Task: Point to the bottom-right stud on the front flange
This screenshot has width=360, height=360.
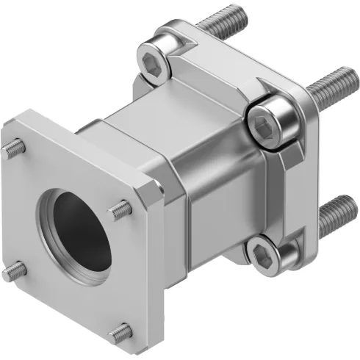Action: [x=120, y=334]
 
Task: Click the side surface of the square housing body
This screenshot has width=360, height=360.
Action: [x=220, y=198]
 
